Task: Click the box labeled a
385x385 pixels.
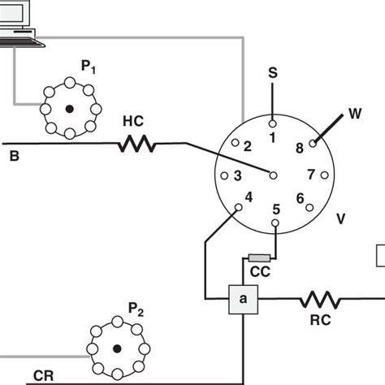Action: pyautogui.click(x=241, y=301)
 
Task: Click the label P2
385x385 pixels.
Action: pyautogui.click(x=136, y=308)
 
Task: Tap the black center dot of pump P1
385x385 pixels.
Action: pyautogui.click(x=70, y=109)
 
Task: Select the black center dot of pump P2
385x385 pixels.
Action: pyautogui.click(x=119, y=349)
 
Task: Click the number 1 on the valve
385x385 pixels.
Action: pyautogui.click(x=272, y=138)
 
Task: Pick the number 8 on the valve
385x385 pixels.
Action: pyautogui.click(x=299, y=147)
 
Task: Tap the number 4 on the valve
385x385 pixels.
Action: pyautogui.click(x=249, y=197)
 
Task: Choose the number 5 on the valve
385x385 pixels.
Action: pyautogui.click(x=276, y=210)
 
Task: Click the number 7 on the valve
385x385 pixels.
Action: pyautogui.click(x=311, y=174)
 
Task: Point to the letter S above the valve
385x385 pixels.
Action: pyautogui.click(x=273, y=74)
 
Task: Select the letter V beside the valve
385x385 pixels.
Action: pyautogui.click(x=341, y=218)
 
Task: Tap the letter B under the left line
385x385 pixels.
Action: pyautogui.click(x=15, y=154)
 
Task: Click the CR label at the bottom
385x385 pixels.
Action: pyautogui.click(x=45, y=376)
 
